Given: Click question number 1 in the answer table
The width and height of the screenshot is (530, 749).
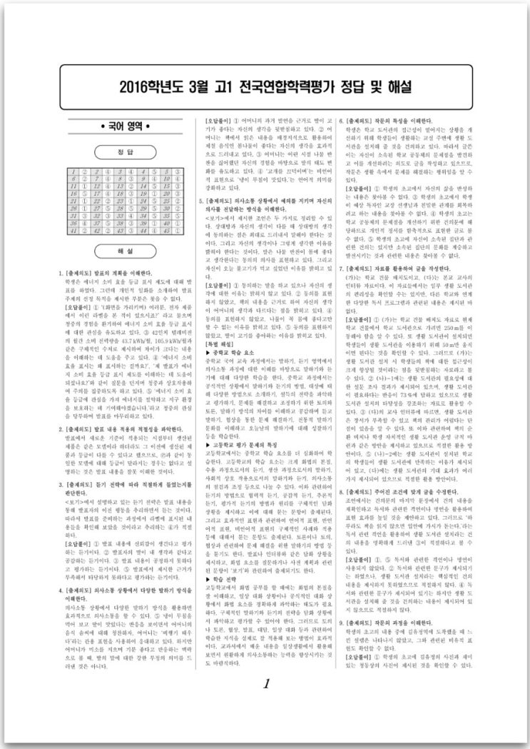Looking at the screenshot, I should click(x=73, y=172).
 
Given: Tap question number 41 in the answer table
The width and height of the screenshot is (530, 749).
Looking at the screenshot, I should click(x=73, y=231).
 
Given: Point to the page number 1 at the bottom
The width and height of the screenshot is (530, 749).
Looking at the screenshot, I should click(x=265, y=684).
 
